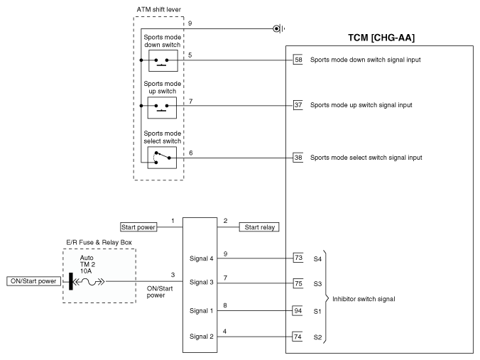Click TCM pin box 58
298,60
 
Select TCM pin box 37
298,105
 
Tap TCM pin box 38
298,158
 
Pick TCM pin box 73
298,258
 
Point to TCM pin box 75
298,283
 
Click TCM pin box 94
298,311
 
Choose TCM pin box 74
298,337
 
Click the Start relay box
259,227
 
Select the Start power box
138,227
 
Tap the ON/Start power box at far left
33,281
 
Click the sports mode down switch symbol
163,60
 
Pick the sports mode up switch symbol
162,107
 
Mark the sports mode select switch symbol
162,158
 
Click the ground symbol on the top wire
278,29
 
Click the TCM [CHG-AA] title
381,38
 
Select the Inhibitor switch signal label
364,299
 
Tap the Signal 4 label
201,258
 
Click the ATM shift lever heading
158,9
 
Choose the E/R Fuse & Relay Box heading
99,242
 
